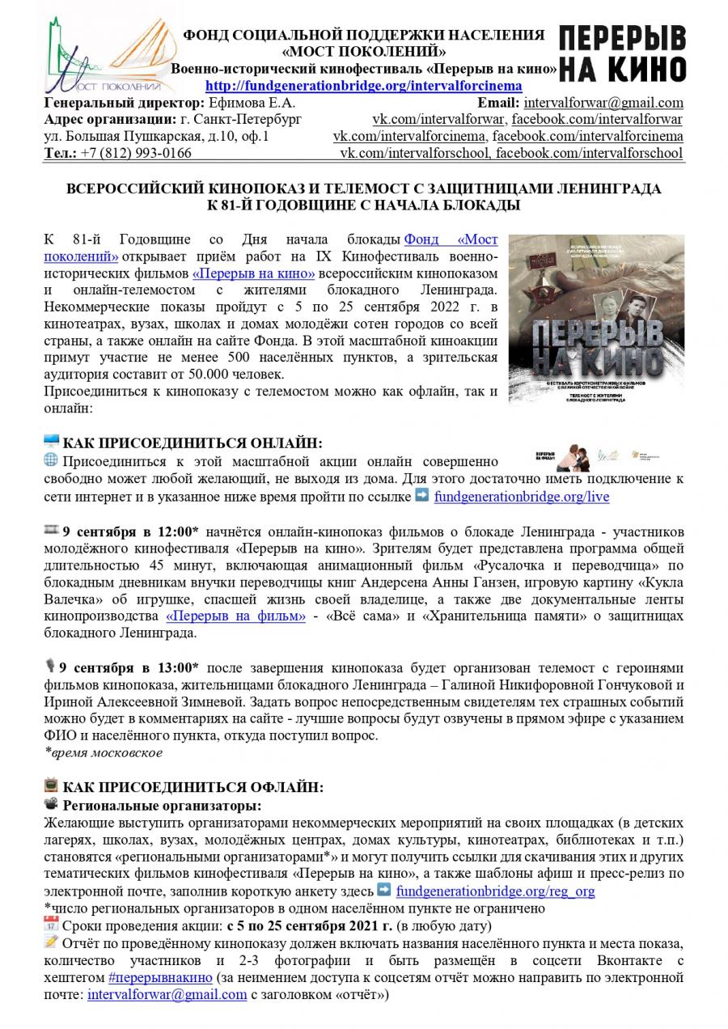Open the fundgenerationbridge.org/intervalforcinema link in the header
[x=364, y=87]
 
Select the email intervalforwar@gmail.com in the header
[x=603, y=104]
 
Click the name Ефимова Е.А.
[x=252, y=104]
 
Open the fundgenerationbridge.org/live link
[x=522, y=497]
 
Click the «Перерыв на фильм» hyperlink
[x=235, y=616]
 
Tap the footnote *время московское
[x=104, y=752]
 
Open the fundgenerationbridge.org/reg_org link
[x=496, y=891]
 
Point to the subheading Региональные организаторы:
[x=163, y=805]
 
